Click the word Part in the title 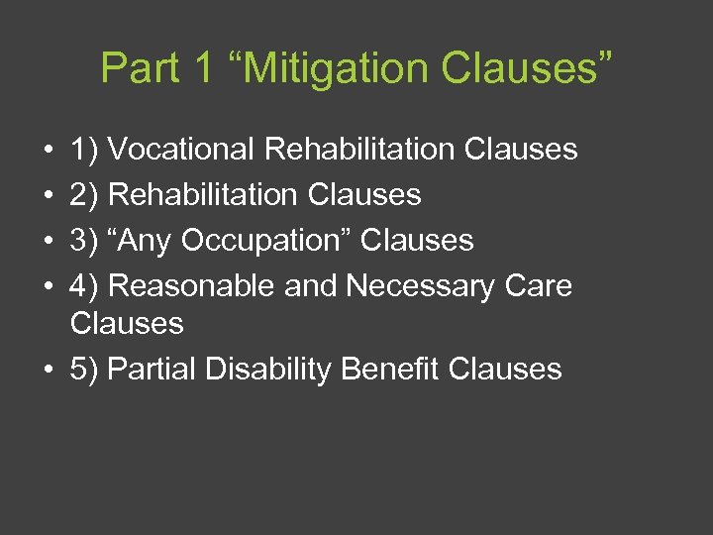[140, 68]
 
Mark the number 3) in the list [83, 241]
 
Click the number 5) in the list [83, 370]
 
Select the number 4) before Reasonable [83, 286]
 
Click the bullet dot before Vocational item [48, 151]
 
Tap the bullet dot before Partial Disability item [48, 371]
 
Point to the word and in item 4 [310, 286]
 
